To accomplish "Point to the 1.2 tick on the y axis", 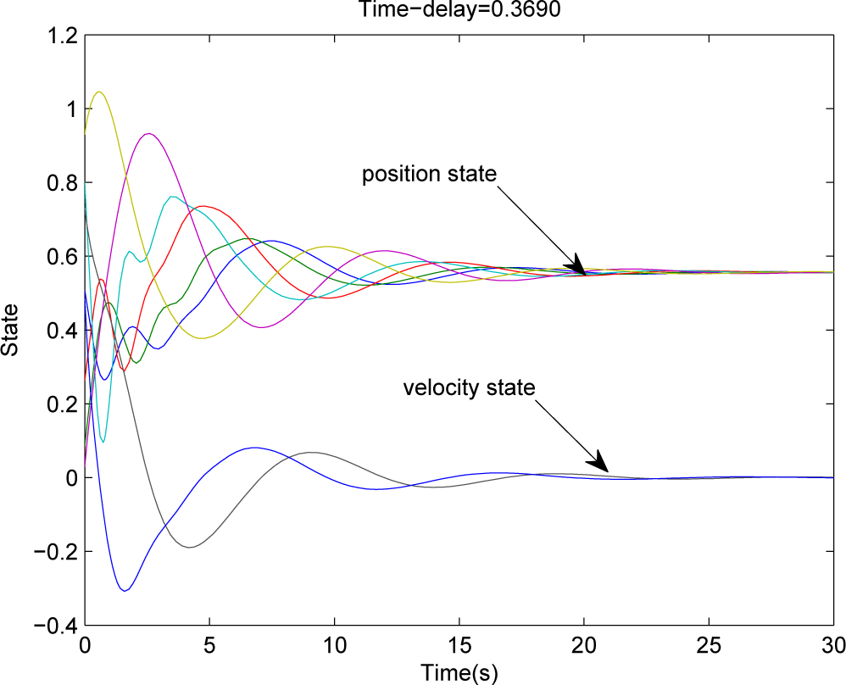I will pos(64,36).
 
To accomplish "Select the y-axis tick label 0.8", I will pos(64,183).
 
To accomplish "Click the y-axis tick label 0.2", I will pos(64,404).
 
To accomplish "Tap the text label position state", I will pos(428,174).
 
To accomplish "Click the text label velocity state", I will pos(469,388).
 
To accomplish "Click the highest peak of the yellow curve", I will pos(100,92).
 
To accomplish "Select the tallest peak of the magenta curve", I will pos(149,133).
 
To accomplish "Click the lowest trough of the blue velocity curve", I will pos(125,590).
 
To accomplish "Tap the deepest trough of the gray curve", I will pos(189,547).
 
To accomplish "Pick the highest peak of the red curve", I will pos(203,206).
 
